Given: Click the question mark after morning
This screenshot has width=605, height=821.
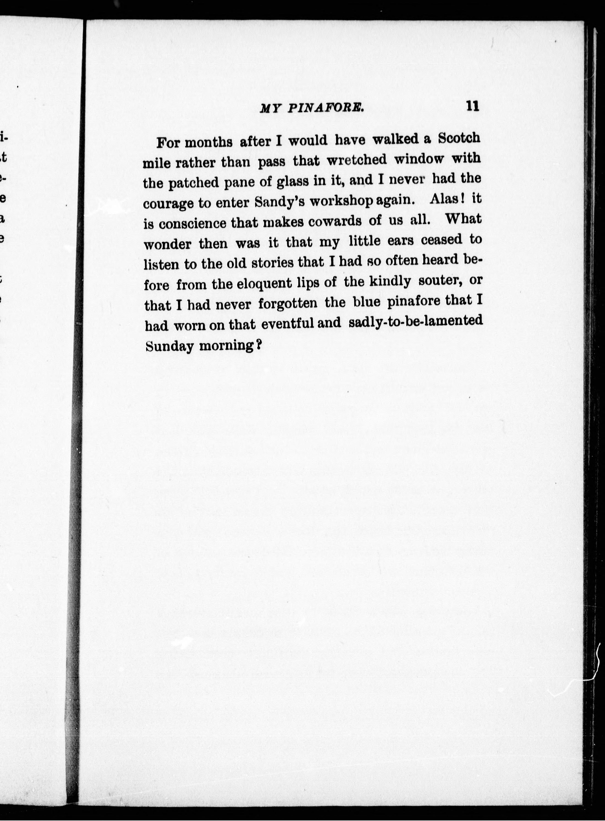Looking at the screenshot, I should tap(258, 345).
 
